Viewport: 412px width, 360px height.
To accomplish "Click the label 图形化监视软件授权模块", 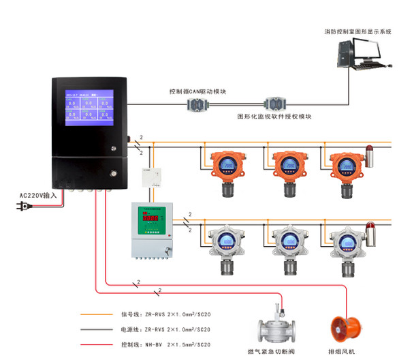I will coord(274,117).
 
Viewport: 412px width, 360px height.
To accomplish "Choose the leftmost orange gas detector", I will coord(225,167).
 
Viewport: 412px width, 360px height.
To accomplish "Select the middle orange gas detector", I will coord(287,167).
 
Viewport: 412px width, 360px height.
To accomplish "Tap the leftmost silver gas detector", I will coord(225,243).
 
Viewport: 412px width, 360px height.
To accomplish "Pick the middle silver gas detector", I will coord(287,243).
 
